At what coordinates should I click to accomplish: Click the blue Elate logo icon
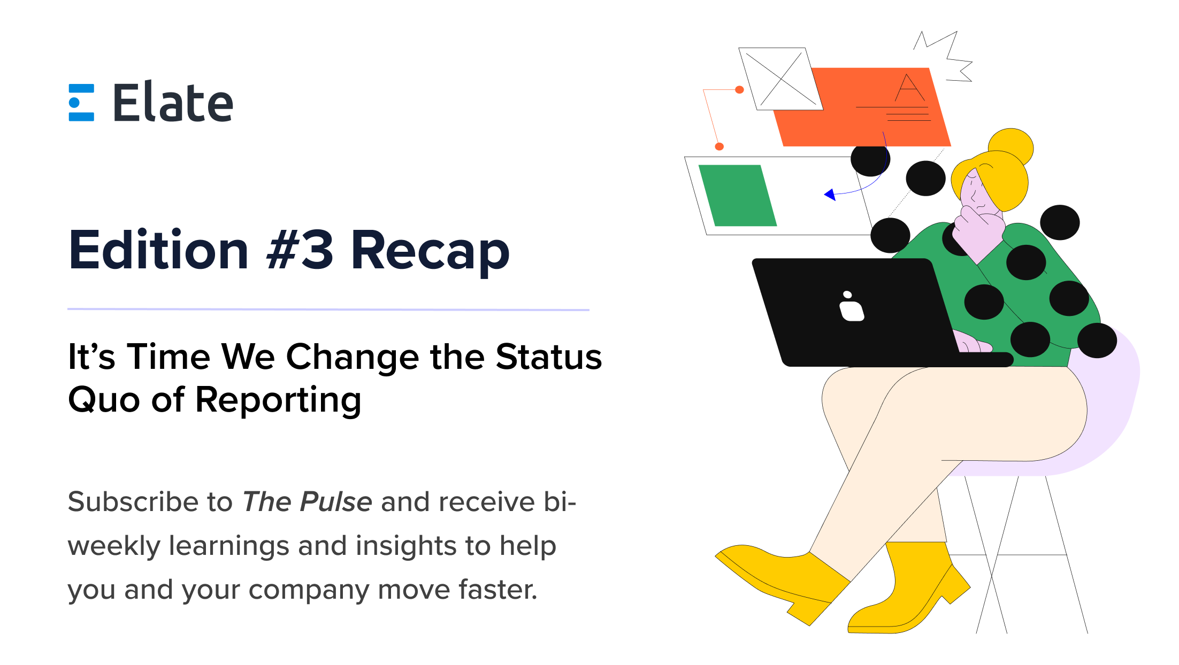click(x=81, y=103)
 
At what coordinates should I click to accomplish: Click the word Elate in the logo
click(x=173, y=102)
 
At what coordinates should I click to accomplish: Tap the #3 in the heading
click(x=300, y=250)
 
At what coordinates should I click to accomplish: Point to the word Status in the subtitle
click(x=548, y=357)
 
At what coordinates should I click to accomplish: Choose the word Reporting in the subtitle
click(x=278, y=400)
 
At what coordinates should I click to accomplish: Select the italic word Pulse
click(x=335, y=502)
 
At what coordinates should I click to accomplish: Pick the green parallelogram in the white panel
click(x=737, y=196)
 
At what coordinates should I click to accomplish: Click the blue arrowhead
click(x=830, y=194)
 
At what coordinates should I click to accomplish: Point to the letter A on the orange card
click(x=909, y=88)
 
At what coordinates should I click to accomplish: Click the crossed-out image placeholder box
click(x=780, y=79)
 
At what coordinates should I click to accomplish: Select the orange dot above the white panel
click(x=719, y=146)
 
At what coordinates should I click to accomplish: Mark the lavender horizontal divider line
click(x=328, y=310)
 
